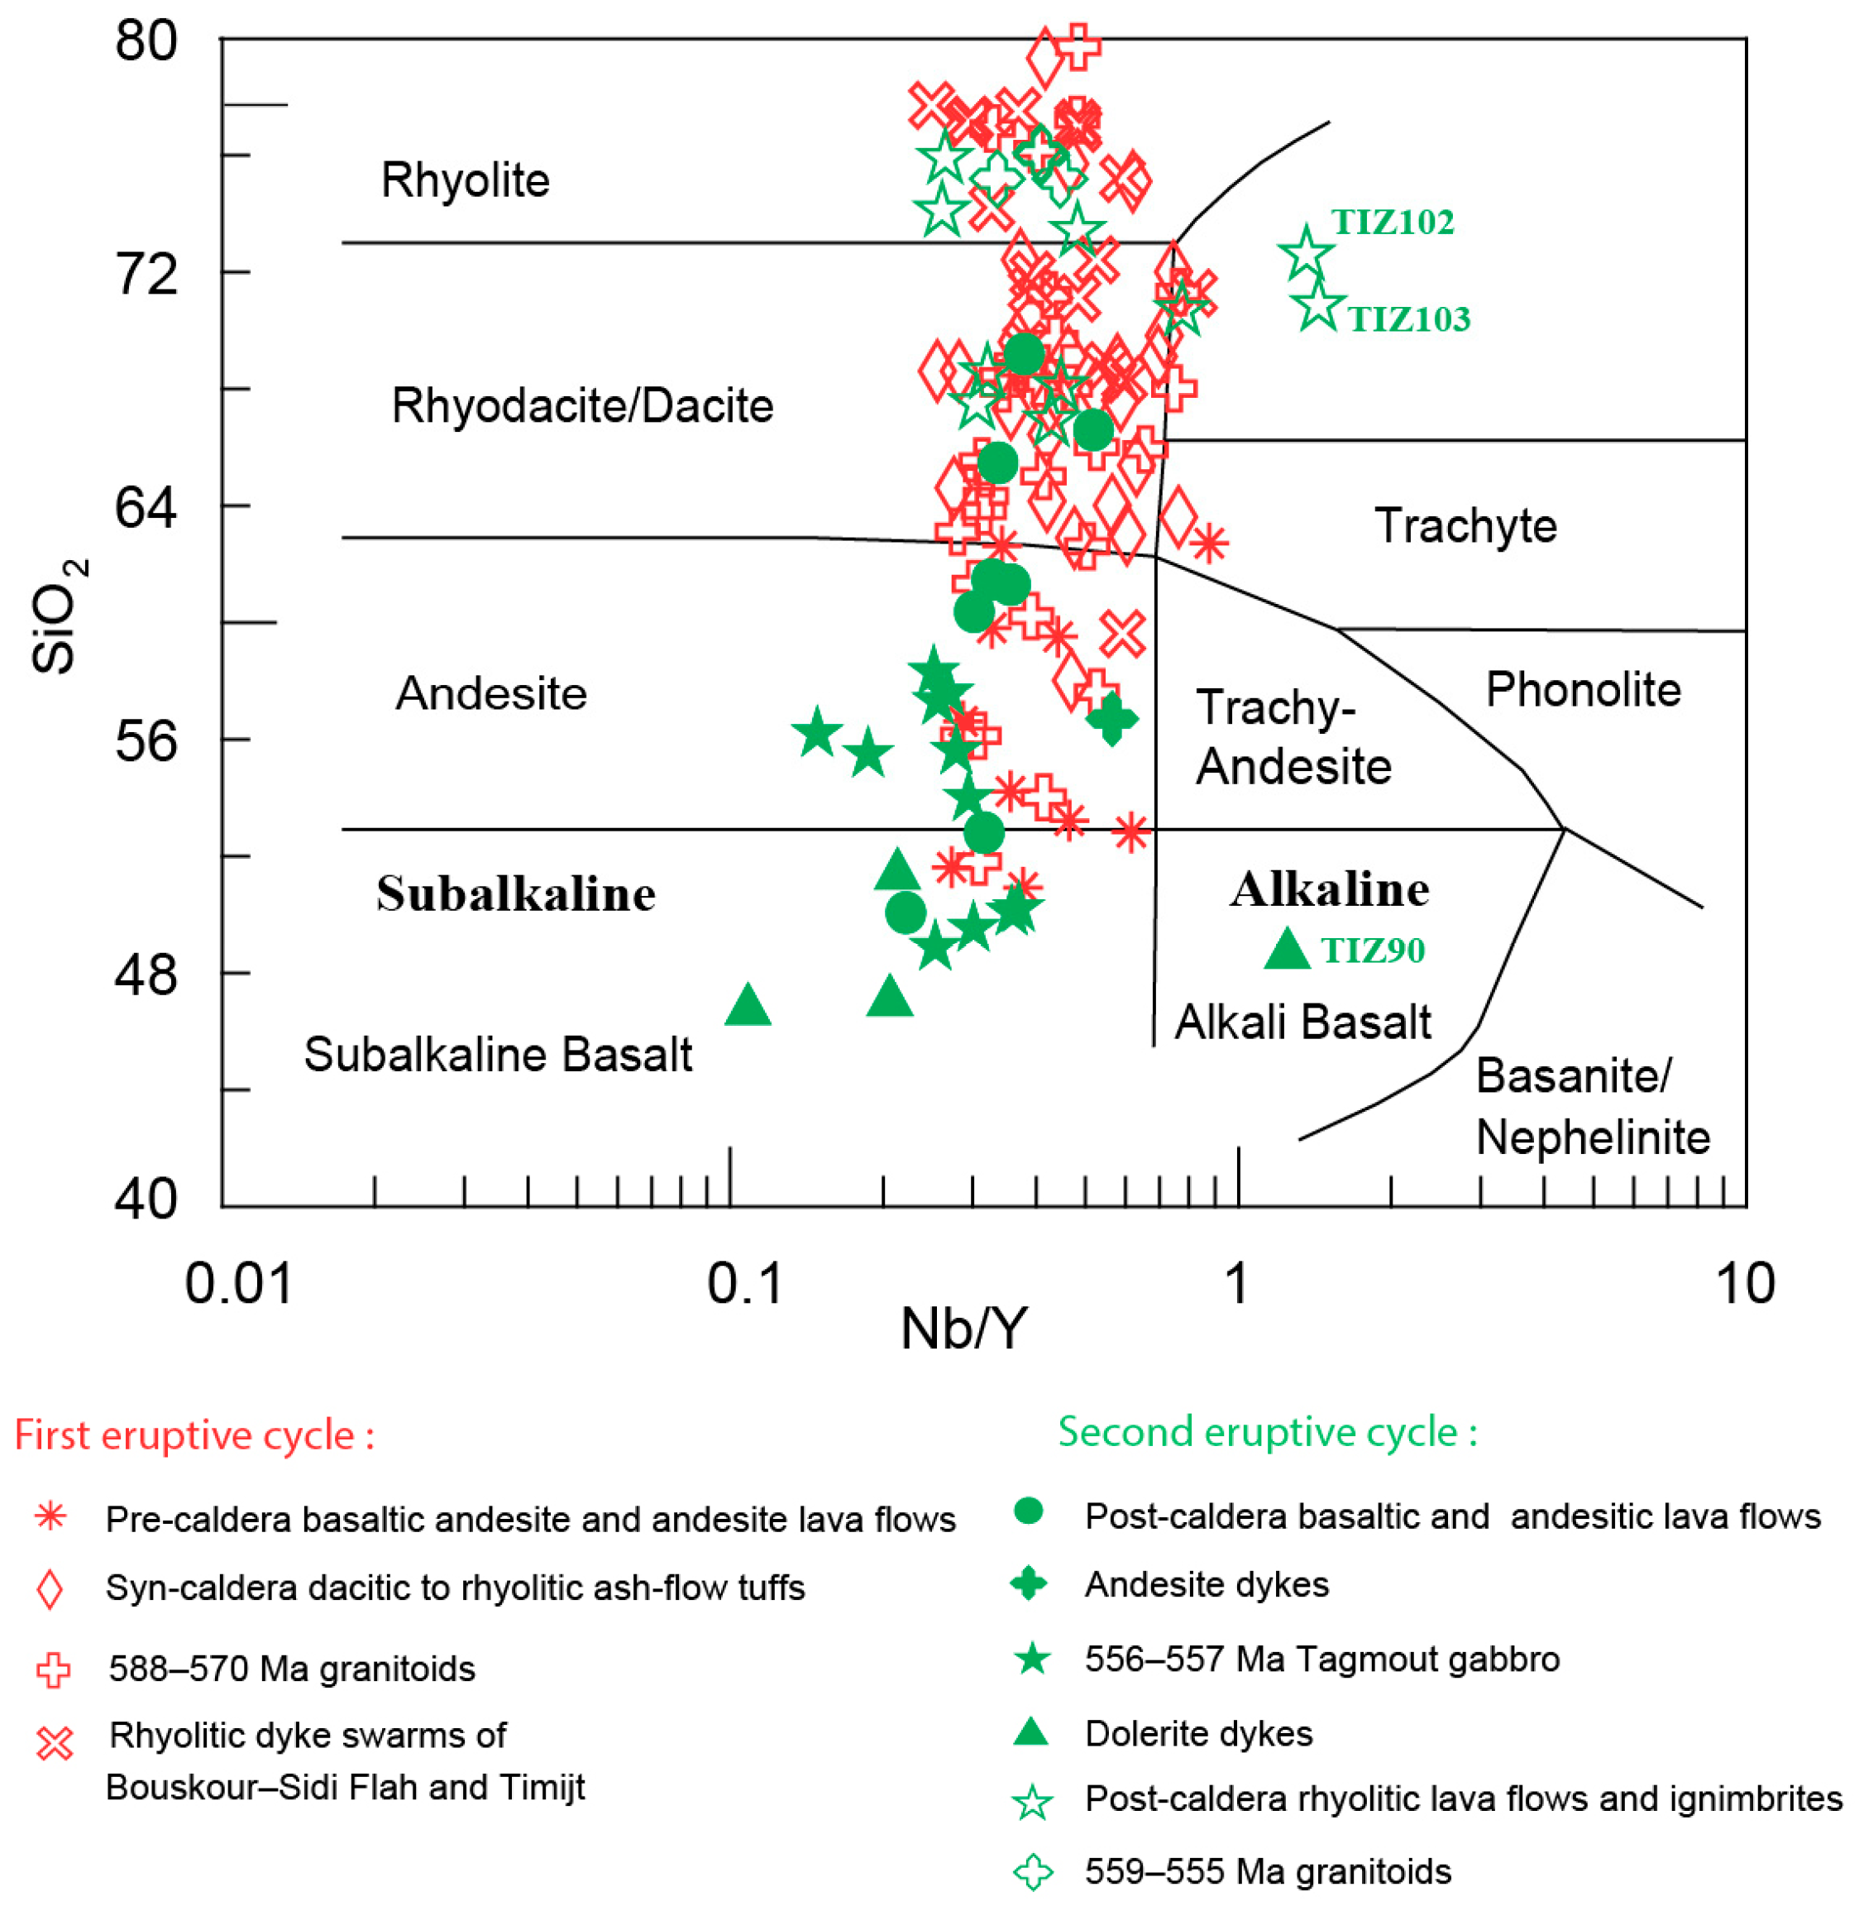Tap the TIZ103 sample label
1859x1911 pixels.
click(1408, 319)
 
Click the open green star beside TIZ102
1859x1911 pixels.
click(1306, 253)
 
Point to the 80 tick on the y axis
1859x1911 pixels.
click(146, 42)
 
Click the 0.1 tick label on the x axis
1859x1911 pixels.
click(745, 1283)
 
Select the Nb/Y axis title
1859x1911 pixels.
click(963, 1329)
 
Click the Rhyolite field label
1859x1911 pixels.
click(465, 180)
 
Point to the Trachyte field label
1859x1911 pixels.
click(1465, 526)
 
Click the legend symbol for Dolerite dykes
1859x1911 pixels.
click(1031, 1733)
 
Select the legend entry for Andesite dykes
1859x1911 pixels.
click(1206, 1584)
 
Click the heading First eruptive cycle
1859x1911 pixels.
click(194, 1435)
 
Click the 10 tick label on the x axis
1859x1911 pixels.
click(1745, 1283)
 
